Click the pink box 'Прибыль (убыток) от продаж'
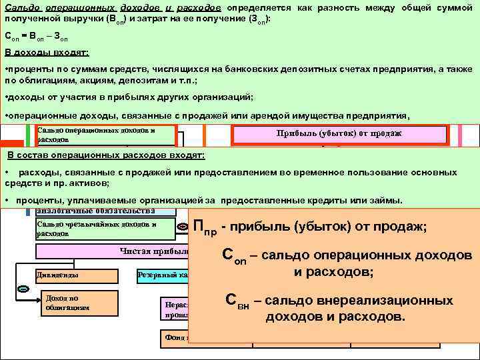[x=339, y=133]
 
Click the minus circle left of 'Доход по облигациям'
[x=23, y=289]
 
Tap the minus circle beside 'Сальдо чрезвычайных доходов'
[x=183, y=227]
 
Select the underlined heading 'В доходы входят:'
[x=46, y=53]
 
